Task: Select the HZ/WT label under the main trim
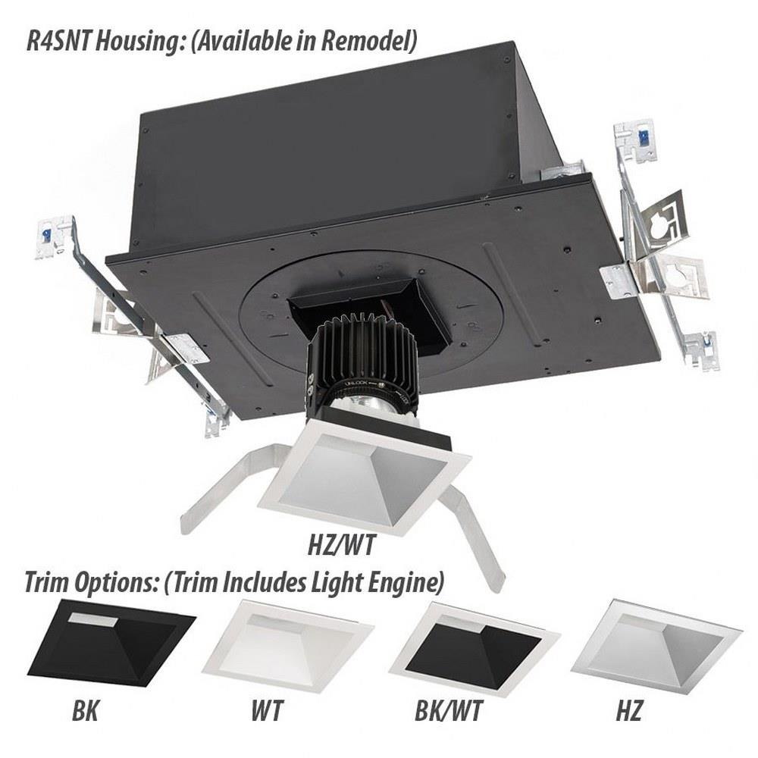pos(342,546)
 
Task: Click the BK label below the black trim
pos(85,711)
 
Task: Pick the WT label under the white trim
pos(267,711)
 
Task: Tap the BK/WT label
pos(449,711)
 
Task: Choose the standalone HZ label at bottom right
pos(628,711)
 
